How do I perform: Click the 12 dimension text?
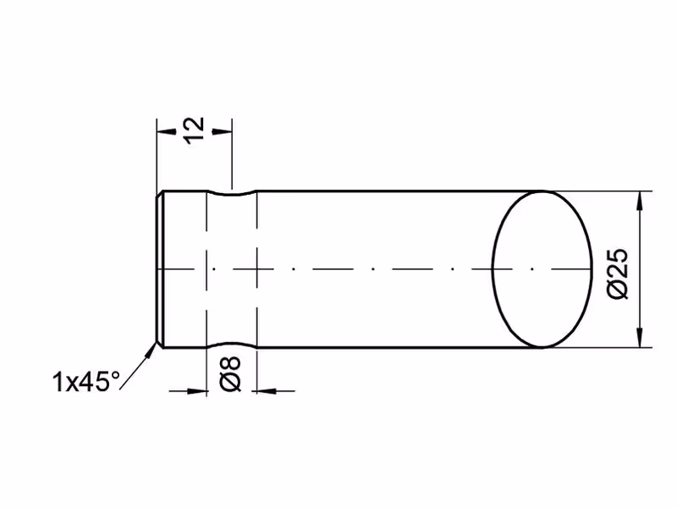[193, 130]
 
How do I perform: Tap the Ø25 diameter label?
[618, 273]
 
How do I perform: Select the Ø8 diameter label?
[230, 374]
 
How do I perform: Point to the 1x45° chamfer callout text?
[86, 382]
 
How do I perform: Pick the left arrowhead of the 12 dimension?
[166, 130]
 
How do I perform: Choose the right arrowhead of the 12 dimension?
[222, 130]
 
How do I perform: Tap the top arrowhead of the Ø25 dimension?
[640, 201]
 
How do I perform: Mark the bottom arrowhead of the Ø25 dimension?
[640, 337]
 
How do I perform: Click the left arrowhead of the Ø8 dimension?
[197, 391]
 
